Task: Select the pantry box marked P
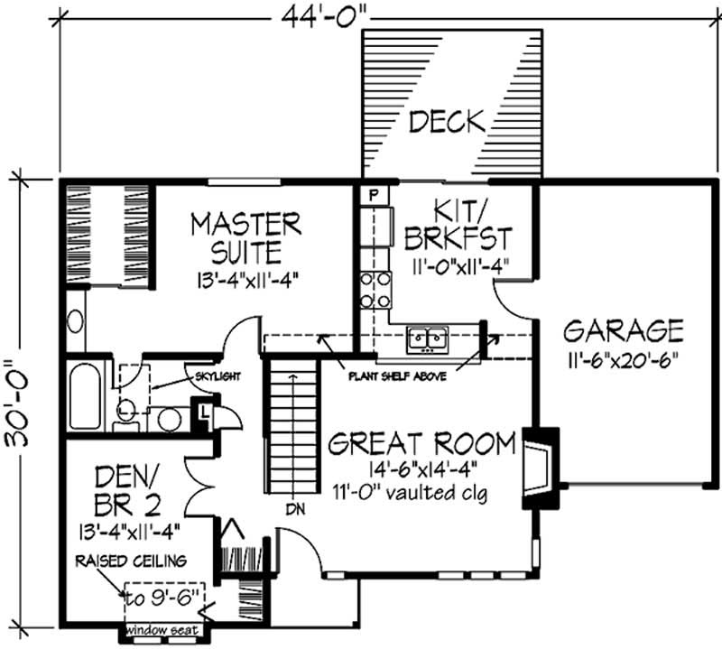(371, 194)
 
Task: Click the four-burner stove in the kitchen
(375, 290)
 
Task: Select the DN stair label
(296, 508)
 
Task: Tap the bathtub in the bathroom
(85, 396)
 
